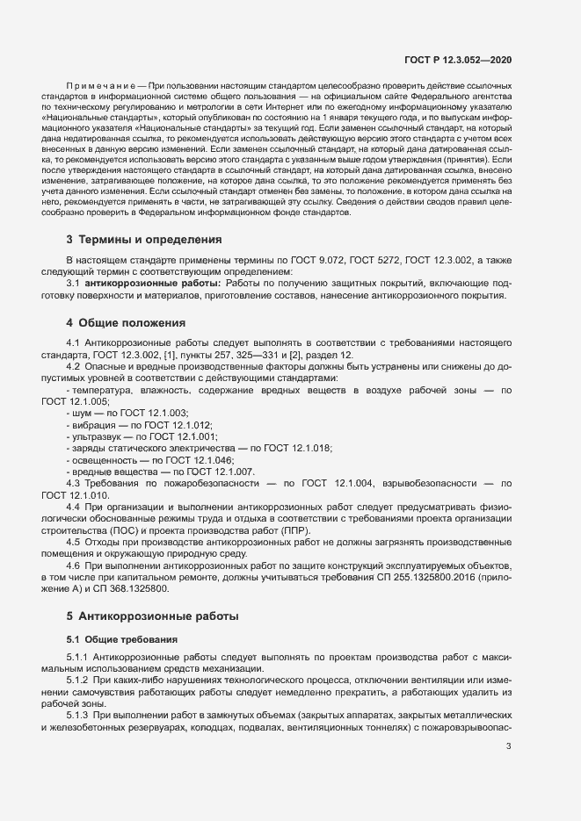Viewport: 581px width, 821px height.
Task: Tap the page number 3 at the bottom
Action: point(509,746)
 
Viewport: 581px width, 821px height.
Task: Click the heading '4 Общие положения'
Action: point(126,323)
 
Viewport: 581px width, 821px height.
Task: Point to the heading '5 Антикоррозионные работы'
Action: point(149,616)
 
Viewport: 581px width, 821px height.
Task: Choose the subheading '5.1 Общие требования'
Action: point(122,638)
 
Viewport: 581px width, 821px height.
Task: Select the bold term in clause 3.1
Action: point(153,284)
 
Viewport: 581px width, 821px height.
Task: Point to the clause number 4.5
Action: point(74,543)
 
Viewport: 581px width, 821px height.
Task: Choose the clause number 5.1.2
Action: point(78,681)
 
